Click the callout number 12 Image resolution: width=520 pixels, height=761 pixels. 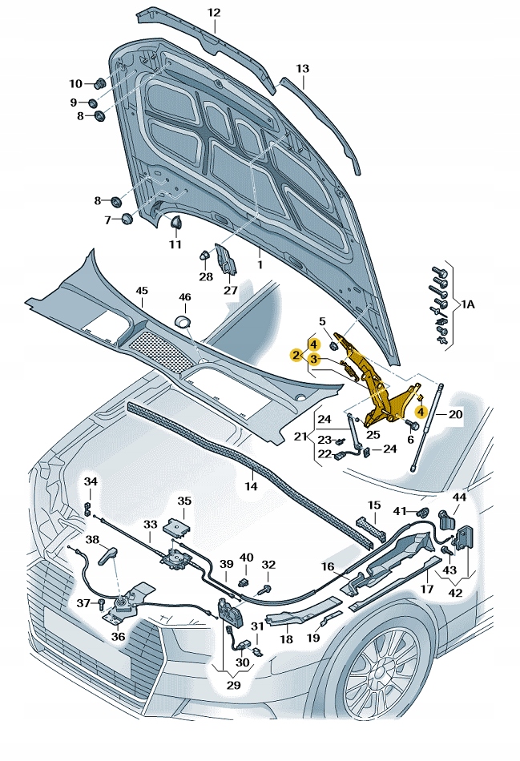(213, 13)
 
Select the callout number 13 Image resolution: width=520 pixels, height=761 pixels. (302, 69)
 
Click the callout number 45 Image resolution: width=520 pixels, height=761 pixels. (141, 290)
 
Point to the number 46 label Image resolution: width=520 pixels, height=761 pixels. (185, 297)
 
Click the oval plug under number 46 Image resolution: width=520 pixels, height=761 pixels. (184, 321)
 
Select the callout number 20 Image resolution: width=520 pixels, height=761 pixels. (455, 414)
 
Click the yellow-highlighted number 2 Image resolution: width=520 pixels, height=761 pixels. (296, 355)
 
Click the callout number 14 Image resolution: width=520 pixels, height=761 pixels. (251, 486)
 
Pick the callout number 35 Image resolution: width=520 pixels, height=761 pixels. (184, 501)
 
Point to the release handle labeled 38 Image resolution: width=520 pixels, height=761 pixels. (110, 554)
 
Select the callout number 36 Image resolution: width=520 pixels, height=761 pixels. (118, 637)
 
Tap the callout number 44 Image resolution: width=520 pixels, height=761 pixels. (459, 497)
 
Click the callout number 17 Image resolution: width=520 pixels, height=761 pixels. (427, 589)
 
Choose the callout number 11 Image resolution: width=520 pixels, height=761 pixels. (175, 244)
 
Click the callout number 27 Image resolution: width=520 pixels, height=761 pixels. (230, 291)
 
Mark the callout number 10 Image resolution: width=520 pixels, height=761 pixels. (76, 83)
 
